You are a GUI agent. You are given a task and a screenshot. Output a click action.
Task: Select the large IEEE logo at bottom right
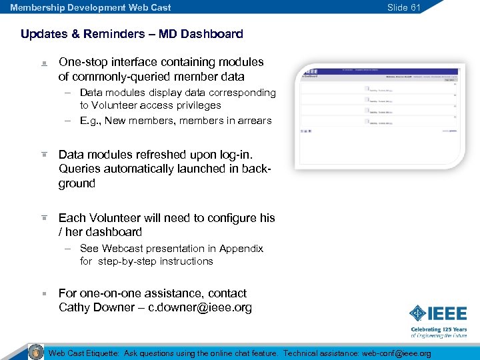point(438,313)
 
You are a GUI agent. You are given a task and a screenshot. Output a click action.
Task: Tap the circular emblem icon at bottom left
point(35,352)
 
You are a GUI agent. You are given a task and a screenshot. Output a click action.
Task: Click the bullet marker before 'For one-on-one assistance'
point(43,293)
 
